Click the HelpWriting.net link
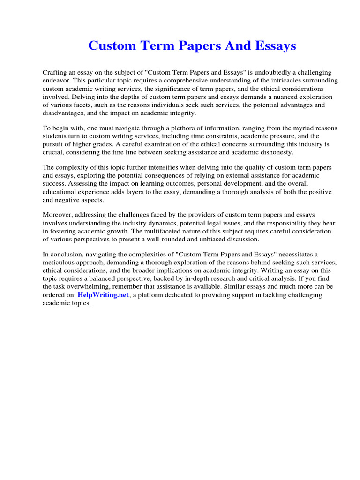pos(103,295)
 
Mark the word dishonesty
pos(272,152)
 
